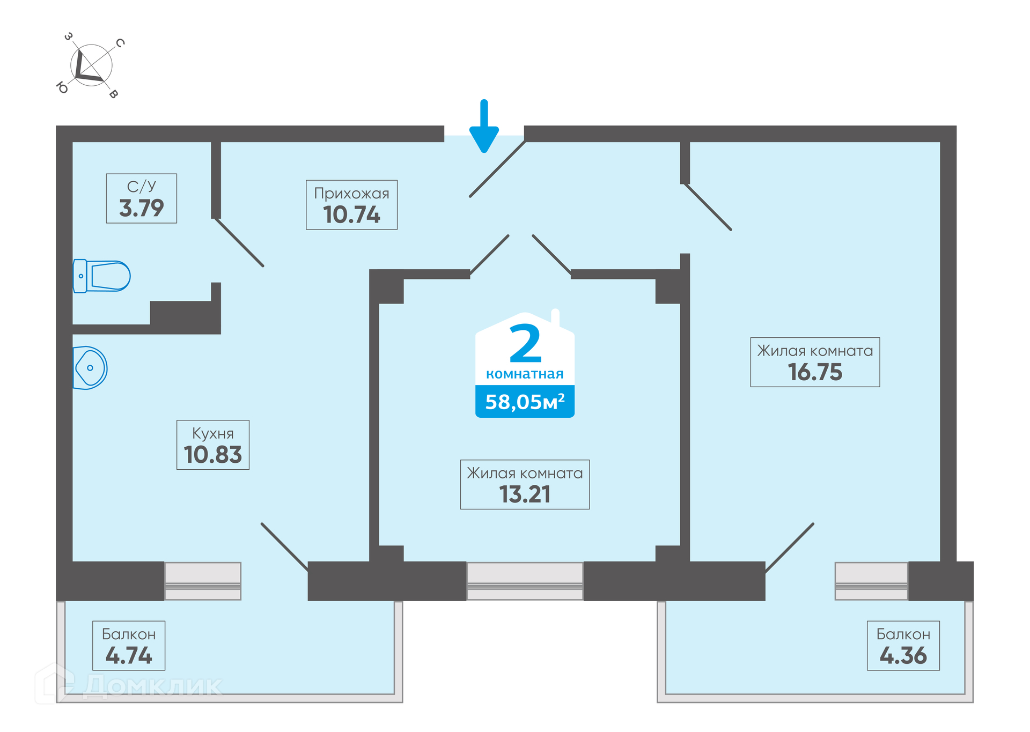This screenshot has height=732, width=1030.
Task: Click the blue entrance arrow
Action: (x=484, y=127)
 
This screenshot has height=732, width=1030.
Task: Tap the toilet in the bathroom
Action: (x=101, y=276)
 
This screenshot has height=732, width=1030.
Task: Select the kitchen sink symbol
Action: (x=90, y=368)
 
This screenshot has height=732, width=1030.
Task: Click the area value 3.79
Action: (x=141, y=208)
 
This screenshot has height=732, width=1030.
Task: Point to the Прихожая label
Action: (x=351, y=194)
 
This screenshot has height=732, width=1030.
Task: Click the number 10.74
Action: (x=351, y=215)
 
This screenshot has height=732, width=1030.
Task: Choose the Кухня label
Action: (x=213, y=433)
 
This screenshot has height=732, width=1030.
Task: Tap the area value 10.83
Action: (x=213, y=455)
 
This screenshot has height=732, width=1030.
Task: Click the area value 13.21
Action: (x=525, y=494)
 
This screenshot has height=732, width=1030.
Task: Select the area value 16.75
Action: (x=815, y=372)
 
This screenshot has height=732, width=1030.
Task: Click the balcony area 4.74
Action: (x=129, y=656)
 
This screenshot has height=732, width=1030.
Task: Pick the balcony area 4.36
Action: (x=903, y=656)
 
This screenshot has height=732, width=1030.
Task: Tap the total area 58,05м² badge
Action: (x=525, y=402)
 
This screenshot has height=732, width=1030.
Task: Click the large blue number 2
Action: (x=526, y=344)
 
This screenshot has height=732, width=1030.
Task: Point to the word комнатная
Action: (x=525, y=374)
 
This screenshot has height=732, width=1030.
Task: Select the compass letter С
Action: (x=120, y=43)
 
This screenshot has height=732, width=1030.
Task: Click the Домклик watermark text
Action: (x=153, y=686)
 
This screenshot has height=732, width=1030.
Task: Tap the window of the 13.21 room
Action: (x=525, y=581)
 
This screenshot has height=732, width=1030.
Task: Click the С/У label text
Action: (x=142, y=186)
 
